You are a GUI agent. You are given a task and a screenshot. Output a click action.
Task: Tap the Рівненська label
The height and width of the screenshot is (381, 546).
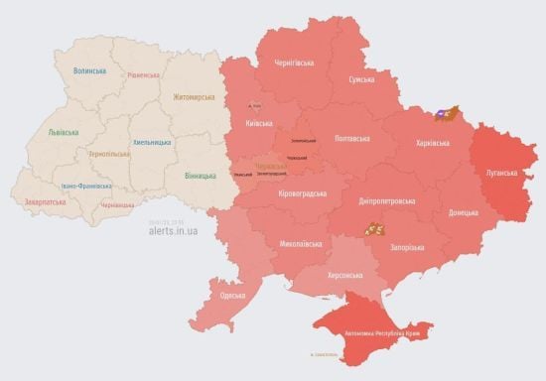144,75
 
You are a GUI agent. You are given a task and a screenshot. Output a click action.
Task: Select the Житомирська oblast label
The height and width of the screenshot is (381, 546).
194,97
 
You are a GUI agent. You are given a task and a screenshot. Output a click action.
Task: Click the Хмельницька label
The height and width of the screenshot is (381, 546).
151,142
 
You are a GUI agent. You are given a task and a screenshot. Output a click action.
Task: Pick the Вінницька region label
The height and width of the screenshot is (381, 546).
201,176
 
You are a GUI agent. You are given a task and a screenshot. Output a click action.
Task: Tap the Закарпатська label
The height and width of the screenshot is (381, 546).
47,201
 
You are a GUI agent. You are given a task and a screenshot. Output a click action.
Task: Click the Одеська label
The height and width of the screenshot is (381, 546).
233,296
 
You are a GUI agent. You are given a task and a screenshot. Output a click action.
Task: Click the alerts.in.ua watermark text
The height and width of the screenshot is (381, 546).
173,230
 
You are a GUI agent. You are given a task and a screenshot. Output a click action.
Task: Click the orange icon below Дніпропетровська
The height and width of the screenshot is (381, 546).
373,229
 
